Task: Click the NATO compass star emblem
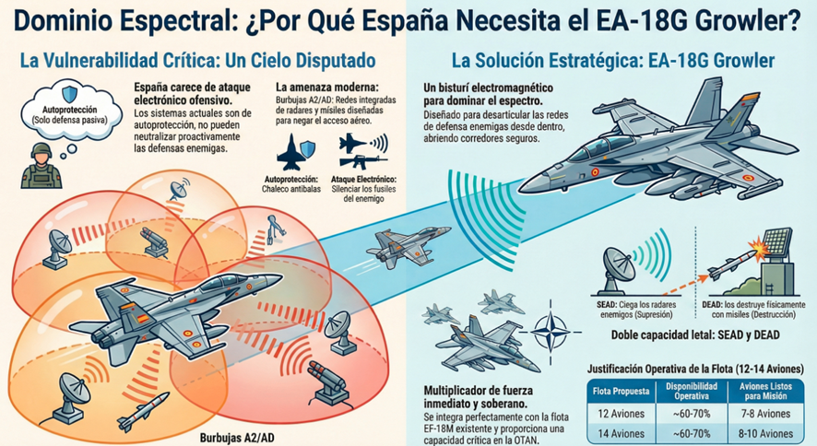[x=551, y=332]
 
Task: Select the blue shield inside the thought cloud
[x=70, y=94]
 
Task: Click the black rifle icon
[x=363, y=161]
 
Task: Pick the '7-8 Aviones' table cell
[x=765, y=414]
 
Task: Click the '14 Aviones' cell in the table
[x=621, y=433]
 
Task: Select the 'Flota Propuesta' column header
[x=621, y=392]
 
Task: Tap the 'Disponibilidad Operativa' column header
[x=692, y=392]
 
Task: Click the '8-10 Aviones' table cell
[x=765, y=433]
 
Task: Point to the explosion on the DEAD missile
[x=759, y=246]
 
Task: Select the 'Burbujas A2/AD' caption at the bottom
[x=237, y=438]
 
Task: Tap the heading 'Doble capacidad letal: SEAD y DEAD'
[x=695, y=334]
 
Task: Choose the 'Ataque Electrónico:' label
[x=363, y=179]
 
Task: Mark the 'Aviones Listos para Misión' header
[x=765, y=392]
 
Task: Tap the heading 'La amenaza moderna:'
[x=326, y=87]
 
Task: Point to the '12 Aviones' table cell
[x=621, y=414]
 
